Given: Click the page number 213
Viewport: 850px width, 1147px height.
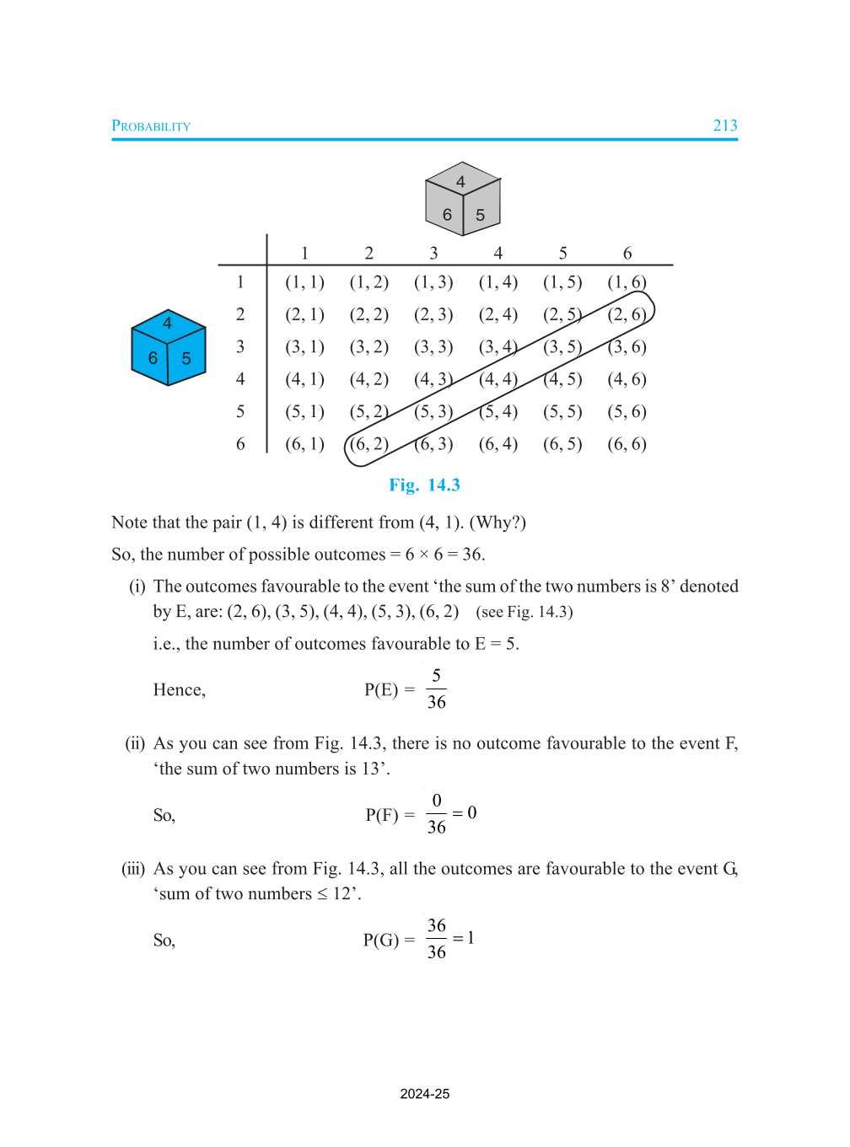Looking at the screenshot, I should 724,126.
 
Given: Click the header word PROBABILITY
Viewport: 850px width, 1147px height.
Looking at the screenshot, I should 151,126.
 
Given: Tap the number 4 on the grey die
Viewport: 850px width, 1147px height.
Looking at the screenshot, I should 460,181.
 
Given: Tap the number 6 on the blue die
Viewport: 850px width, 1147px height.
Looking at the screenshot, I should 153,358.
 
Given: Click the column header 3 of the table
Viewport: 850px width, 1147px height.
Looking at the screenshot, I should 433,253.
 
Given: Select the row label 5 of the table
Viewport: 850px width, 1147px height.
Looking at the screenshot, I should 240,411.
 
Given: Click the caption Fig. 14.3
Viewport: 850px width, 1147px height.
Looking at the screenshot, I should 424,485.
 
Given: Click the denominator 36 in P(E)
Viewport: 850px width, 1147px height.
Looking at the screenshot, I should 436,702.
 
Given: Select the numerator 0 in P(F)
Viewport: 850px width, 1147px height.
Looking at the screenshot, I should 436,801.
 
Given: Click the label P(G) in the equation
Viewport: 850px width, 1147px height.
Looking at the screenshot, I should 380,940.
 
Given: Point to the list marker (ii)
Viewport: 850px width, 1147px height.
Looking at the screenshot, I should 135,743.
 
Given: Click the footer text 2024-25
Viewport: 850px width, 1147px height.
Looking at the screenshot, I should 424,1094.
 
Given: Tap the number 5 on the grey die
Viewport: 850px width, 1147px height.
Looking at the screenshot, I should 480,216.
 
